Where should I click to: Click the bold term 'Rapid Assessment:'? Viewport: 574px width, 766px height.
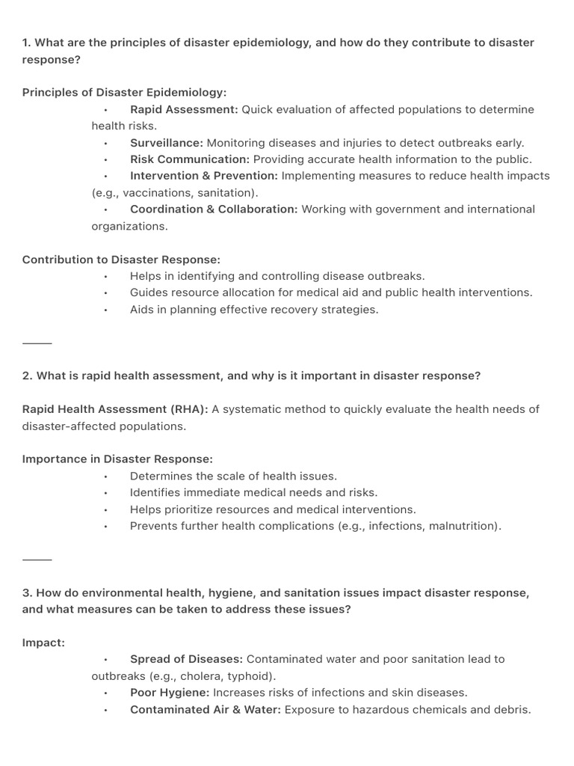point(184,109)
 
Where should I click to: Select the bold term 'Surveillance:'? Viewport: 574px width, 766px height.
point(166,143)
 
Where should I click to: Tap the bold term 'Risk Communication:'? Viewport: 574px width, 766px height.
point(190,159)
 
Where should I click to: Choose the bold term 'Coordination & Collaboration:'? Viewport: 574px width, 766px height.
point(214,209)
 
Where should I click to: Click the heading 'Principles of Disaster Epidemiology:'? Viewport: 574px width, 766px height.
point(124,93)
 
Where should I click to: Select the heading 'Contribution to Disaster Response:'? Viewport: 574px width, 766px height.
point(121,260)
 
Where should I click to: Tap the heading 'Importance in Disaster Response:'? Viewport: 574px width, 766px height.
point(117,459)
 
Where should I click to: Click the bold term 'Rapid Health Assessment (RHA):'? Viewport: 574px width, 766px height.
point(115,409)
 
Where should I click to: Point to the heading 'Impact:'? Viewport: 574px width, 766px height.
point(43,643)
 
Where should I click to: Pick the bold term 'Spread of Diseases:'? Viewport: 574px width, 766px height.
point(186,659)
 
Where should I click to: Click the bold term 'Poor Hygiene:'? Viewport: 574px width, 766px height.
point(169,693)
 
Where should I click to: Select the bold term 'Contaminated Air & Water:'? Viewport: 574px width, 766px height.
point(206,709)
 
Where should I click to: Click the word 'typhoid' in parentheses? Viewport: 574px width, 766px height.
point(247,676)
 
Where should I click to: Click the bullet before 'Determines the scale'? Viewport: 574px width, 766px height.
point(106,477)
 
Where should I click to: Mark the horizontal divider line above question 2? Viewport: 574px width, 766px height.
point(37,343)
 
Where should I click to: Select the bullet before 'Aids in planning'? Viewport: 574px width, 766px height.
point(106,310)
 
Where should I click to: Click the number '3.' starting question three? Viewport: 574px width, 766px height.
point(27,593)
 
